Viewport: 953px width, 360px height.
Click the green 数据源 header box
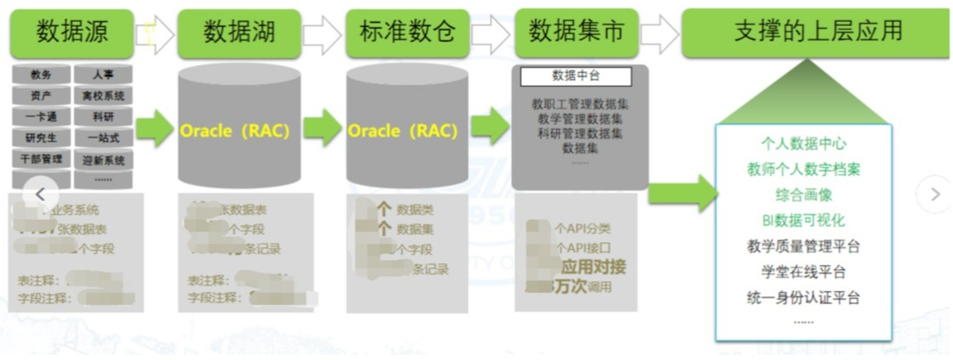[x=72, y=33]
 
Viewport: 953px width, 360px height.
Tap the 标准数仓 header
[x=407, y=33]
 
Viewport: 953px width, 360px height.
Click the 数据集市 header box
[x=576, y=33]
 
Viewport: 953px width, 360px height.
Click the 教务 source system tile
[x=41, y=75]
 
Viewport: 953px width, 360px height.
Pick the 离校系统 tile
[x=103, y=96]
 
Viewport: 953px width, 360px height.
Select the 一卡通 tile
[x=41, y=117]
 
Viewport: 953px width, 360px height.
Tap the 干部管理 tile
[x=41, y=159]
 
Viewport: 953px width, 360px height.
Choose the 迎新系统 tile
[x=103, y=160]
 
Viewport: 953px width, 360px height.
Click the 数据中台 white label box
[x=576, y=77]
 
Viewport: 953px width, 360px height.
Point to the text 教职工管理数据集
[x=581, y=104]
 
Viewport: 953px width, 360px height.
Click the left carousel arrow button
[x=40, y=195]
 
